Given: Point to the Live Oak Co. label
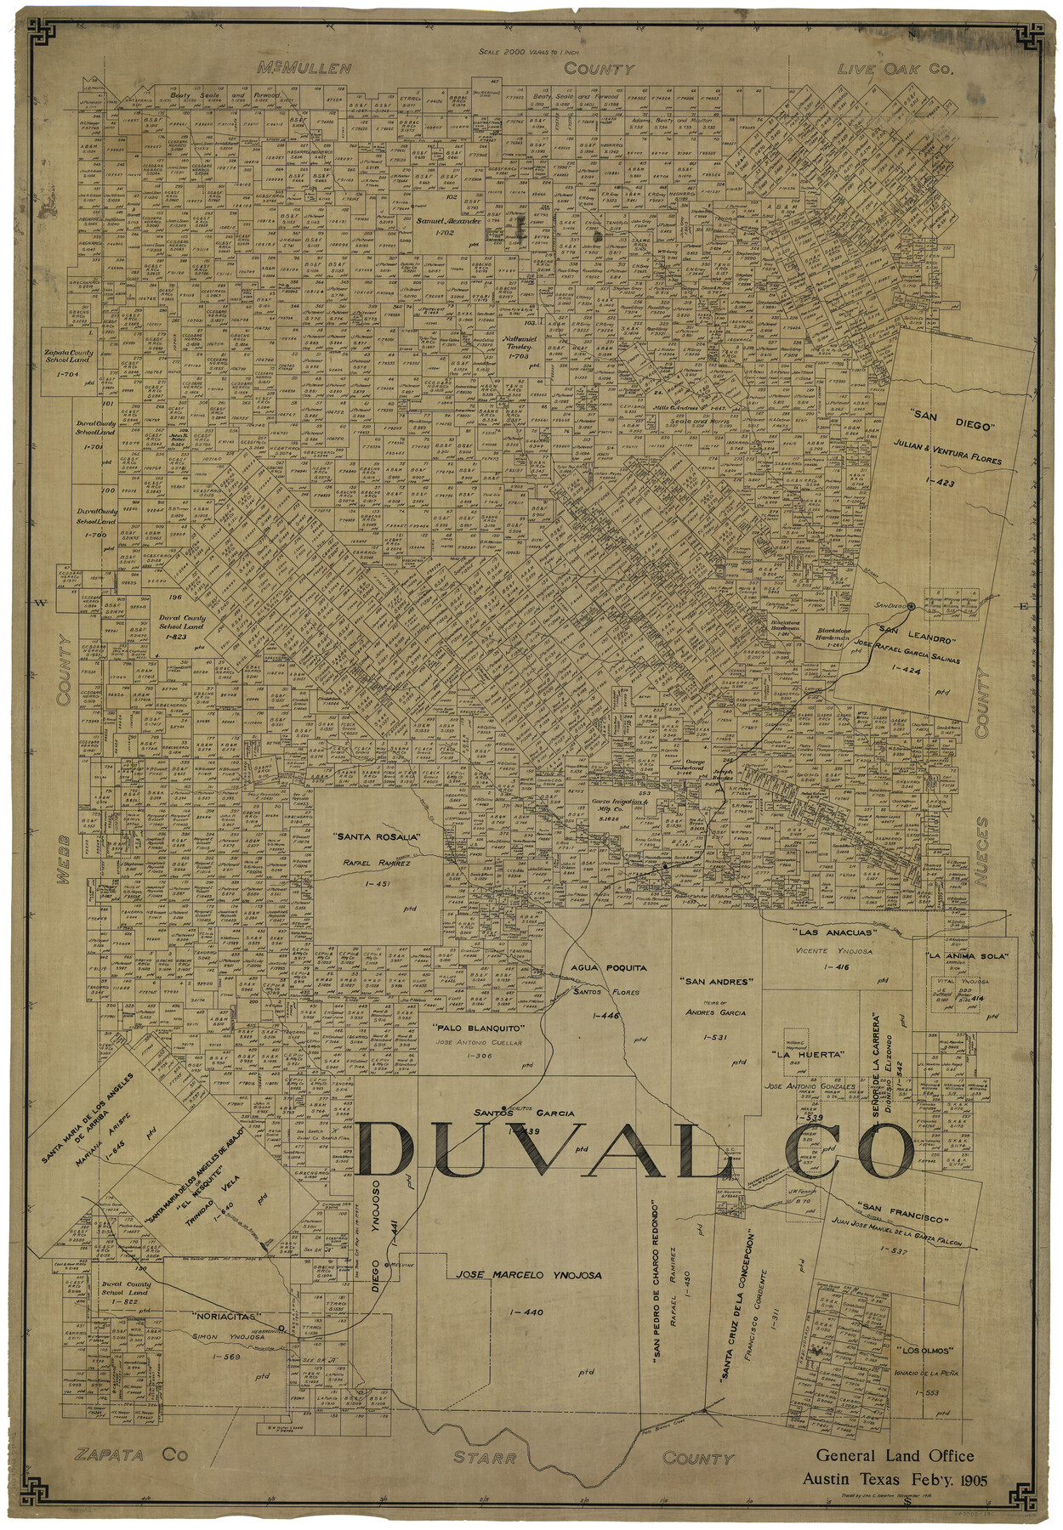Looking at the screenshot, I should point(895,69).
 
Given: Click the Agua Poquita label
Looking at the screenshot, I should point(608,967).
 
